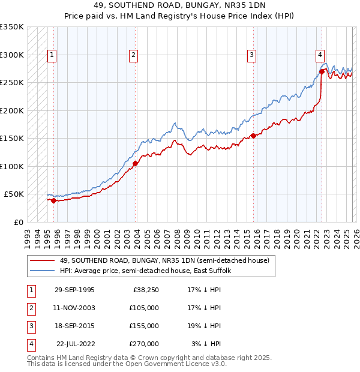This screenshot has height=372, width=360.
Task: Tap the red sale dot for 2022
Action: (322, 71)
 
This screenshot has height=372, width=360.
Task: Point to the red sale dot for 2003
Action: (136, 163)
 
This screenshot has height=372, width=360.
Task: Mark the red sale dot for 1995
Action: (54, 200)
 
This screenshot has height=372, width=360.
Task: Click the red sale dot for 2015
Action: (253, 136)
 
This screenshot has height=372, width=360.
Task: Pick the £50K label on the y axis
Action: (13, 194)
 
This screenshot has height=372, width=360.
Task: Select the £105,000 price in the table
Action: (145, 308)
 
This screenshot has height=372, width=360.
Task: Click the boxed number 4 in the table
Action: (31, 344)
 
